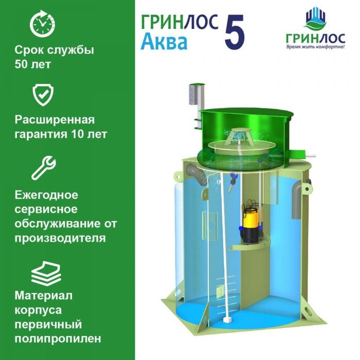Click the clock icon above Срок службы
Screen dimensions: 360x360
tap(43, 24)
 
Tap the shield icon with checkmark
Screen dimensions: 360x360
tap(43, 94)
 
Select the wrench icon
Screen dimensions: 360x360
tap(44, 168)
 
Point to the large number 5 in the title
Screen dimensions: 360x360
tap(235, 32)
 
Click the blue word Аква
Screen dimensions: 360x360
tap(164, 42)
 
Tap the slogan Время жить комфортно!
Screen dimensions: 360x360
tap(315, 47)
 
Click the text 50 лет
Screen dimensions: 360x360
tap(32, 64)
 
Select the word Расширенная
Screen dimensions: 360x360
tap(55, 120)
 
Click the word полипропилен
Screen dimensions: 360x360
tap(58, 339)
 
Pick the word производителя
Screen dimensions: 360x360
tap(60, 238)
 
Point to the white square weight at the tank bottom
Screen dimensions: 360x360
tap(227, 320)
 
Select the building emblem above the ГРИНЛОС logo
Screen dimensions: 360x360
tap(316, 19)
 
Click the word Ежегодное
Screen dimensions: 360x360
tap(46, 195)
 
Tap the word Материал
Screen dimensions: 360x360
tap(44, 296)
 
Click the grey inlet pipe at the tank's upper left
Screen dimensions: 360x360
tap(197, 174)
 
